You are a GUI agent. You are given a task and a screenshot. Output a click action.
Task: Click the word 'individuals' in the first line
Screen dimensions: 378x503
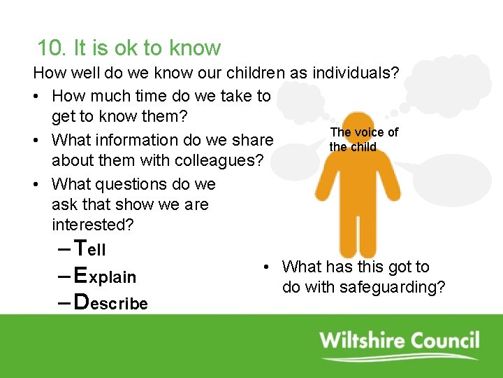pos(355,73)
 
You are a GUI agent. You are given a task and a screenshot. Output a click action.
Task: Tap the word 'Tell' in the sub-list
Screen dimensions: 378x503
pos(89,248)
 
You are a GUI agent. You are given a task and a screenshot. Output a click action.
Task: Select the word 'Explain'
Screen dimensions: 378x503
pos(105,276)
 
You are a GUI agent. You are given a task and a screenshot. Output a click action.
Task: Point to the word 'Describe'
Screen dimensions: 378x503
pos(110,303)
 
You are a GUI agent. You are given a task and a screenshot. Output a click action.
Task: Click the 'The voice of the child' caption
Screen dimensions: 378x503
pos(363,139)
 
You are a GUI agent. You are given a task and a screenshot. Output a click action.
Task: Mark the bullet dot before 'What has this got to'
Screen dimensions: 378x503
pos(266,267)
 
